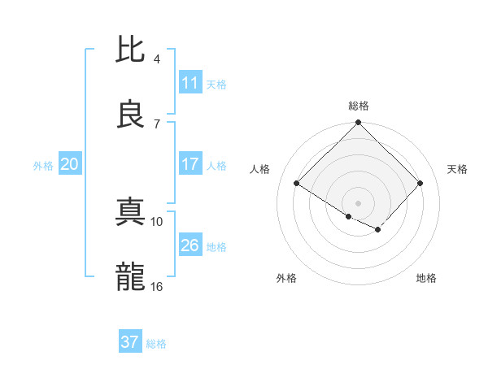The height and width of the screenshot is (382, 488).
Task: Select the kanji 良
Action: pyautogui.click(x=131, y=114)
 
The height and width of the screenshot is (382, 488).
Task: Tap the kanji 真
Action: pyautogui.click(x=131, y=212)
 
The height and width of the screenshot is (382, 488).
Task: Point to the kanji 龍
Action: pyautogui.click(x=131, y=277)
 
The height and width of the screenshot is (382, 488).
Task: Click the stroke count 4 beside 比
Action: pyautogui.click(x=157, y=59)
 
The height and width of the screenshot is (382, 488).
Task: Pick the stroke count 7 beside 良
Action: pyautogui.click(x=157, y=124)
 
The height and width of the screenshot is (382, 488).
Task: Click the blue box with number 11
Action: pyautogui.click(x=190, y=83)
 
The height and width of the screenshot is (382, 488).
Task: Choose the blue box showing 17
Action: pyautogui.click(x=190, y=164)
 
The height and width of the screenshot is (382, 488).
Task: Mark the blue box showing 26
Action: pyautogui.click(x=190, y=245)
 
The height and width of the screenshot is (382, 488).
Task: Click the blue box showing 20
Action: pyautogui.click(x=70, y=164)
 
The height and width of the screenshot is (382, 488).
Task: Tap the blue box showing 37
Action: pyautogui.click(x=130, y=342)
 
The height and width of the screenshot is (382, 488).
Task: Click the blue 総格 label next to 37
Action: pyautogui.click(x=156, y=344)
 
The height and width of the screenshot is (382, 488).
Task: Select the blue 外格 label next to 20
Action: pyautogui.click(x=43, y=166)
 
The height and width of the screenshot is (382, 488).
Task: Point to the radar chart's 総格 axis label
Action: pyautogui.click(x=359, y=106)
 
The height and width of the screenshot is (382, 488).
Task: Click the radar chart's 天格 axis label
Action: pyautogui.click(x=458, y=169)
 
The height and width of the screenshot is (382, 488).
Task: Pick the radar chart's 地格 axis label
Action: pyautogui.click(x=426, y=278)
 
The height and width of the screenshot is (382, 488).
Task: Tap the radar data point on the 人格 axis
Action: pyautogui.click(x=297, y=184)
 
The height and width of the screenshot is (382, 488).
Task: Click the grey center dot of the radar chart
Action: pyautogui.click(x=359, y=202)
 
